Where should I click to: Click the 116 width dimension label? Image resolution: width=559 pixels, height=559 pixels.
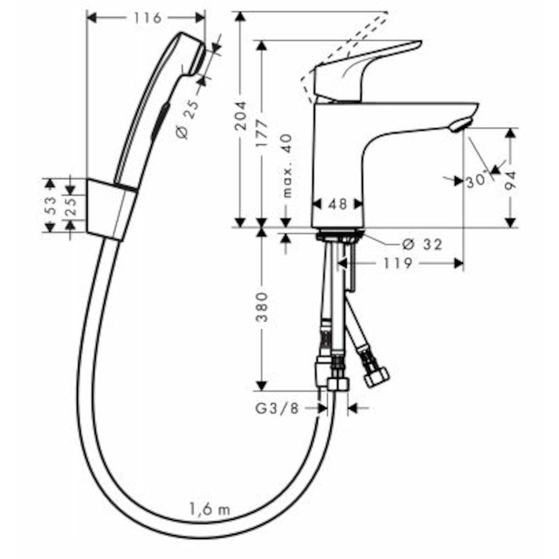pyautogui.click(x=147, y=19)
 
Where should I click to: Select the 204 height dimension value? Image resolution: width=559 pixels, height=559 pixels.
pyautogui.click(x=240, y=115)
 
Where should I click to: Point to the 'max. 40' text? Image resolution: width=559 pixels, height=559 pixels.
pyautogui.click(x=287, y=166)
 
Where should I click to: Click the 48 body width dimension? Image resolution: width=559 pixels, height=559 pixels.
pyautogui.click(x=338, y=204)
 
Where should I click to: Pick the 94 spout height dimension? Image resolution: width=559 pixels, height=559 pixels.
pyautogui.click(x=510, y=180)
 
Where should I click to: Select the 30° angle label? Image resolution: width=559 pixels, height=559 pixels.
pyautogui.click(x=476, y=181)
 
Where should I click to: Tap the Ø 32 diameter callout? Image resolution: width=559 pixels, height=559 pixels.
pyautogui.click(x=422, y=244)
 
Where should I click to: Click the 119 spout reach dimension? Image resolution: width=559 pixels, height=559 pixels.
pyautogui.click(x=398, y=263)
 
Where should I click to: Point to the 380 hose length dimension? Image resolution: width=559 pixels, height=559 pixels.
pyautogui.click(x=262, y=307)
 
